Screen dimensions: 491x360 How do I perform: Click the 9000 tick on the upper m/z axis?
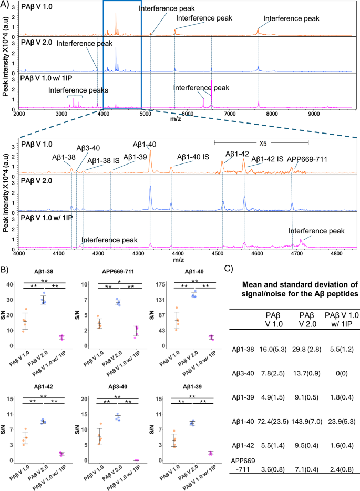[314, 112]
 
